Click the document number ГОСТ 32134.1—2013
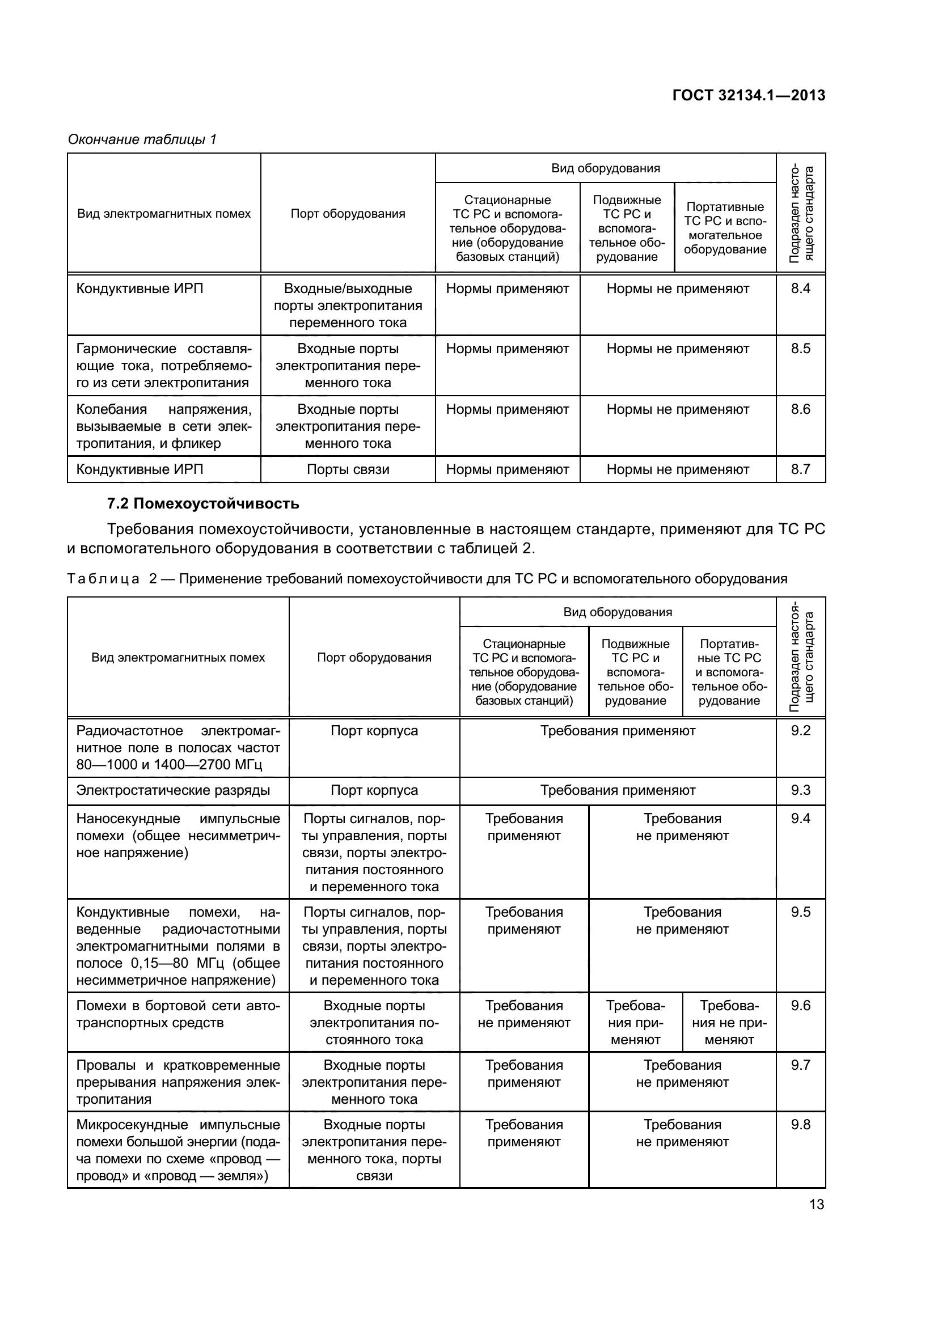(749, 96)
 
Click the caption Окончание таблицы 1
(142, 139)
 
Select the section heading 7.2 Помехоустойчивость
(204, 503)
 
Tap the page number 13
(816, 1204)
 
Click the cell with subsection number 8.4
(801, 288)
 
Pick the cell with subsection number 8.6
(801, 409)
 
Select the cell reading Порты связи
(348, 469)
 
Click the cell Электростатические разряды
(174, 790)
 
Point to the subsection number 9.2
(801, 730)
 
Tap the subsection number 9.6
(801, 1006)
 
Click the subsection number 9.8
(801, 1124)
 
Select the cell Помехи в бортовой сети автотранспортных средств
(178, 1014)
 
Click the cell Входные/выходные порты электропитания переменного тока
(348, 306)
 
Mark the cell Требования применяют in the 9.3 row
(618, 790)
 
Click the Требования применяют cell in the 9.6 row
(635, 1022)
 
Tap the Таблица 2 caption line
(428, 579)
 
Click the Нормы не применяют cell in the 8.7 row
(678, 469)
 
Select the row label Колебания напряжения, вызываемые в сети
(164, 426)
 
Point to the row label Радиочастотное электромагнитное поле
(178, 747)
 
